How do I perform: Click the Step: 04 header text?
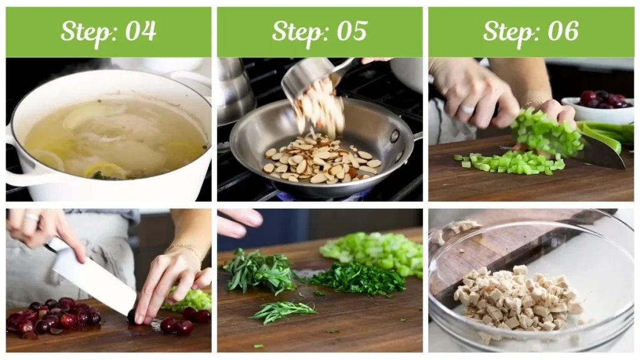pos(108,31)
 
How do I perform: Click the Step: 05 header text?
pos(319,31)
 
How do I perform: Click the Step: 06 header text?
pos(531,31)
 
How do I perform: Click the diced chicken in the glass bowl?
pos(516,298)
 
